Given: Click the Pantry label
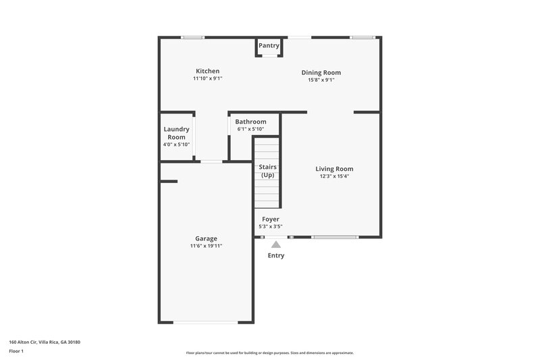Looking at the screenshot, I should tap(269, 46).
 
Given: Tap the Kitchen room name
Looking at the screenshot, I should tap(207, 71).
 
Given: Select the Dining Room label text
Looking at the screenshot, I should tap(321, 73).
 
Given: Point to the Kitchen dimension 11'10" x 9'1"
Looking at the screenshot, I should tap(207, 79).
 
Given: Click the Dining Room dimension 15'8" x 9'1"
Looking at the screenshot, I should tap(321, 80).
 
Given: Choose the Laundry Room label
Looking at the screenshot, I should tap(176, 133).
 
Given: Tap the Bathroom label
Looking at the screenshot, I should tap(250, 122).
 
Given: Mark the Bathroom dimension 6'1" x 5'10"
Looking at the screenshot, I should tap(250, 130).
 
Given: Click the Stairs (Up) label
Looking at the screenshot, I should tap(267, 171).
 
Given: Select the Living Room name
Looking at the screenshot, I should tap(334, 169).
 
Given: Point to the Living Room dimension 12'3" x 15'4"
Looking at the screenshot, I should tap(334, 177).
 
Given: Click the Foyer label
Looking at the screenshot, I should tap(271, 220).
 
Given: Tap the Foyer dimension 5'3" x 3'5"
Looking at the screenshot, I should tap(271, 227).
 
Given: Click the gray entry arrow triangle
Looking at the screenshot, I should tap(275, 245).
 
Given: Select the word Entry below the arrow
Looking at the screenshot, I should tap(276, 256).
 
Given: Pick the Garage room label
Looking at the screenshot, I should tap(206, 238).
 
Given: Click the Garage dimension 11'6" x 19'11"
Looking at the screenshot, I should tap(206, 247).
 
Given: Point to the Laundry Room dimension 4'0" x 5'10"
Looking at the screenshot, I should tap(176, 145).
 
